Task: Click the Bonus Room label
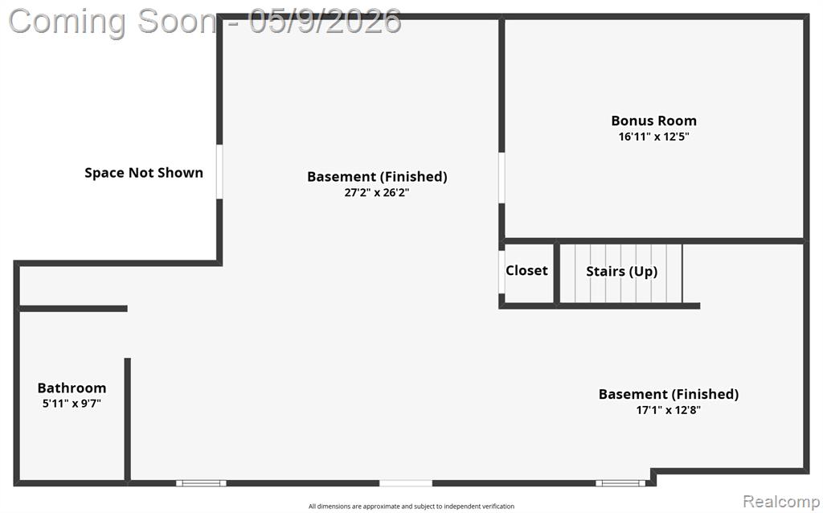(653, 121)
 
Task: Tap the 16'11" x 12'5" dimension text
(653, 137)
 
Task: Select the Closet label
(526, 270)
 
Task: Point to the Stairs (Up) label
(621, 272)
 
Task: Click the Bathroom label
(72, 388)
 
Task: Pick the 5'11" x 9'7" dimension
(72, 404)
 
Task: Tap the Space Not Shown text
(144, 173)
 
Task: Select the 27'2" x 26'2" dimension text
(377, 193)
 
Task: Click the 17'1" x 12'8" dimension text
(668, 410)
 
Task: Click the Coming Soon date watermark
(205, 22)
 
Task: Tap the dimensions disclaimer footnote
(411, 507)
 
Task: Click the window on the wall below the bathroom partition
(201, 483)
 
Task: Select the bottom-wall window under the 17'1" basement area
(620, 483)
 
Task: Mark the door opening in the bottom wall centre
(406, 483)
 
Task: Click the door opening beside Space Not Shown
(219, 172)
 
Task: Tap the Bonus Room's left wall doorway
(502, 178)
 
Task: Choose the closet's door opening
(502, 272)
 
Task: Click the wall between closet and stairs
(557, 273)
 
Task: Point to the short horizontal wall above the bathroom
(73, 309)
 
